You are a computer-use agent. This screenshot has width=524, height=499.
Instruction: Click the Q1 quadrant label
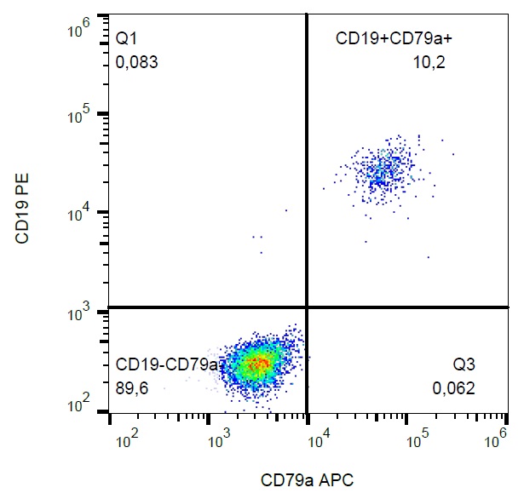(x=125, y=39)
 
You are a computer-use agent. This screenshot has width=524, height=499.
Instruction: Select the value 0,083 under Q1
(x=137, y=62)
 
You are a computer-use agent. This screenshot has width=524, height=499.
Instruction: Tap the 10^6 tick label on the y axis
(x=79, y=32)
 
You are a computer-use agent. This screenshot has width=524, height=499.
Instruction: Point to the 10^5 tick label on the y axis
(x=79, y=114)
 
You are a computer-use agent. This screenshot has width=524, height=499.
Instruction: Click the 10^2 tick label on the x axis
(x=128, y=440)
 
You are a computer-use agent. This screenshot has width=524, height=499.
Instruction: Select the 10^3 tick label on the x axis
(x=222, y=440)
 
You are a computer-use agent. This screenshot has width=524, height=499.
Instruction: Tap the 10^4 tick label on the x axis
(x=318, y=440)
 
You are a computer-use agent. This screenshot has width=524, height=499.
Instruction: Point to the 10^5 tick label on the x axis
(x=417, y=440)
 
